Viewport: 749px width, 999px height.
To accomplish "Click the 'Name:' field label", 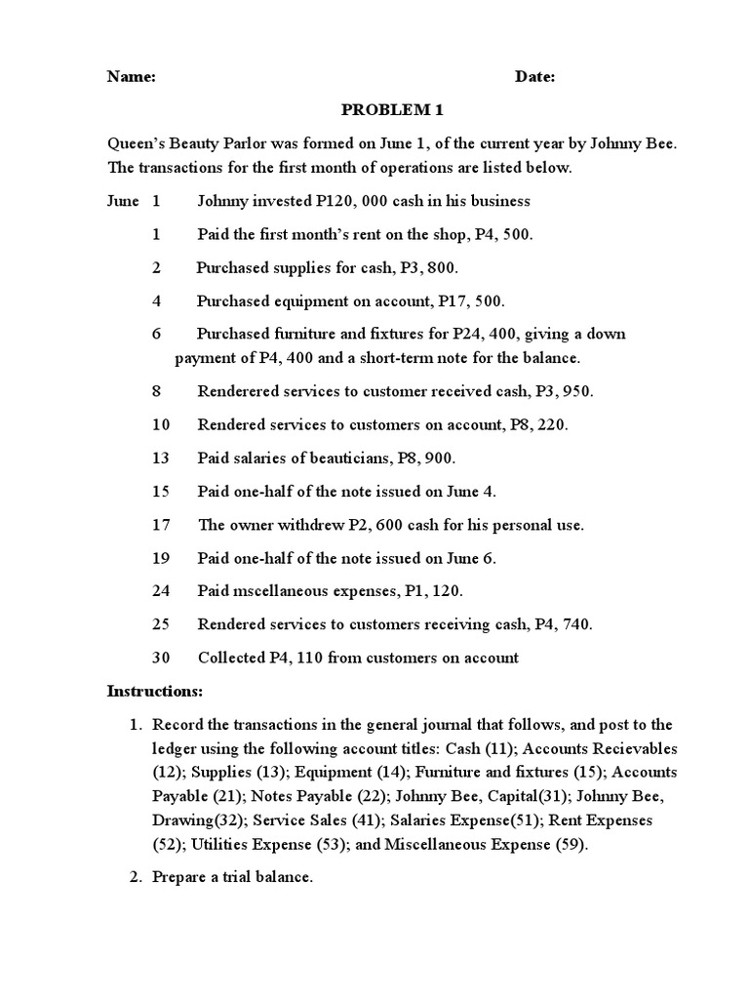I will click(131, 78).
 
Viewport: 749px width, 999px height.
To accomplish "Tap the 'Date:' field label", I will click(534, 78).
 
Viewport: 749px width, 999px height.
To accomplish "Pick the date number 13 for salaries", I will click(161, 458).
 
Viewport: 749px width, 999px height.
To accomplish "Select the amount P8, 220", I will click(538, 424).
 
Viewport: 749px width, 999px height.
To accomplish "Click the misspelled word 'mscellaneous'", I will click(281, 591).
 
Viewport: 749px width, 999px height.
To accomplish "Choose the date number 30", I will click(161, 658).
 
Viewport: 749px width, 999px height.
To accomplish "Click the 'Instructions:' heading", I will click(154, 691).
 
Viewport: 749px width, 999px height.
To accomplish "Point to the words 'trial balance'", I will click(264, 877).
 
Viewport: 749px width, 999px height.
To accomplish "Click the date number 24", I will click(161, 591).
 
